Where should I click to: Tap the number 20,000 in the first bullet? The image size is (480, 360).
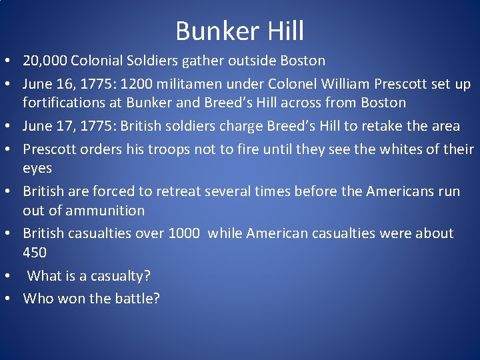tap(45, 61)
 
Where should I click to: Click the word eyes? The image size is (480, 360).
tap(37, 168)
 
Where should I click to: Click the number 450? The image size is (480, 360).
tap(35, 253)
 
